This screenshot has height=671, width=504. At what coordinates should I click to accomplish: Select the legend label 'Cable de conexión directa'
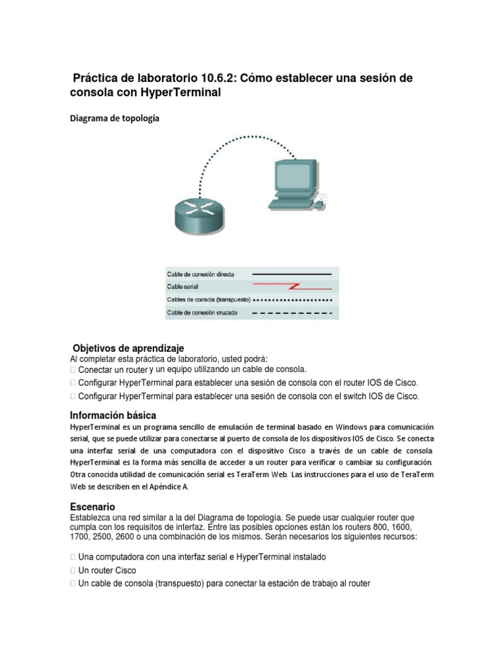pos(200,274)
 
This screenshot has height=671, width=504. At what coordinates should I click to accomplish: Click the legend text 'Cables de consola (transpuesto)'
pos(209,300)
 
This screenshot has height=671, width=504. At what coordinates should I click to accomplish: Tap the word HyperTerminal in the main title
pos(180,93)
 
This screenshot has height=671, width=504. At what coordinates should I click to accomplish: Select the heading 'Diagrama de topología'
pos(114,119)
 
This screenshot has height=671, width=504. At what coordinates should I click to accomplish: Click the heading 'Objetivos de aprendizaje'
pos(129,348)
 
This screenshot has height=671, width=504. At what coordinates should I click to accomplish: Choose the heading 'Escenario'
pos(93,507)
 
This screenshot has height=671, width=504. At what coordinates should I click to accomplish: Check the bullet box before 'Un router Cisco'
pos(73,571)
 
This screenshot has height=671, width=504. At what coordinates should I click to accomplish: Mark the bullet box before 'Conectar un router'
pos(73,370)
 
